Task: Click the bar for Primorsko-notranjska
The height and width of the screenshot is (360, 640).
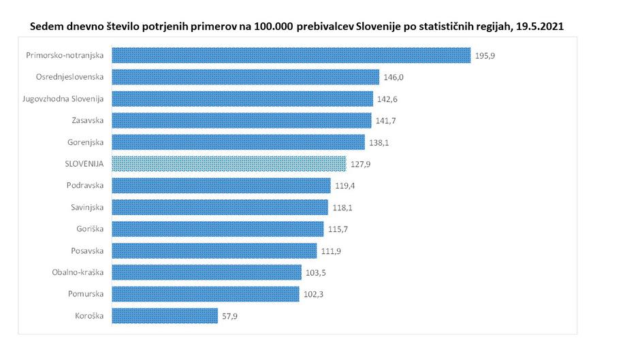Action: coord(291,55)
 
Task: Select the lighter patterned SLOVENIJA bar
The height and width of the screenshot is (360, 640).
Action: coord(229,163)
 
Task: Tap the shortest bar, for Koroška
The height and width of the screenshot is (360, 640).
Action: coord(164,316)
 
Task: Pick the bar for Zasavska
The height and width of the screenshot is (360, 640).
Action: coord(242,120)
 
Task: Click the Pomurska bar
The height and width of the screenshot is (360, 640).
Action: coord(205,294)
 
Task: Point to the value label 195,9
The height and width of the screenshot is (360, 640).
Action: coord(485,55)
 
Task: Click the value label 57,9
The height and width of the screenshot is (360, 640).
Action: coord(231,316)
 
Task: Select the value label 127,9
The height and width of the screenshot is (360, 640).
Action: coord(361,164)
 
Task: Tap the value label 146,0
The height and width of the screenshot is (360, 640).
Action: coord(394,77)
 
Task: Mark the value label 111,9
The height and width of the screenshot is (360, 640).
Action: coord(331,251)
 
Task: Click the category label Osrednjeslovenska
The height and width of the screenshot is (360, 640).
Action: coord(69,77)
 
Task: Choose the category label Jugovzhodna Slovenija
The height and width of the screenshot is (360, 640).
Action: coord(63,99)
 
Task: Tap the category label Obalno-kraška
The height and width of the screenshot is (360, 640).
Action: coord(78,272)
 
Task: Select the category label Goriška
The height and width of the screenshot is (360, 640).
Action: coord(89,229)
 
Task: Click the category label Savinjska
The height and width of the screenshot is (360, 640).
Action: coord(86,208)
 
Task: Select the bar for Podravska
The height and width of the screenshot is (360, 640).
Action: coord(221,185)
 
